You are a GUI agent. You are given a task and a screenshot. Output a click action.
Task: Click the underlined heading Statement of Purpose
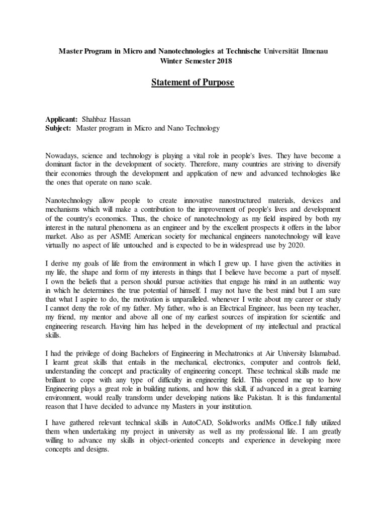coord(193,82)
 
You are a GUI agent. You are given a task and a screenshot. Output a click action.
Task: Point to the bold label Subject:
coord(58,128)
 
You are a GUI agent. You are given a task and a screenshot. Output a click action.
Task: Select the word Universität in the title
coord(277,52)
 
